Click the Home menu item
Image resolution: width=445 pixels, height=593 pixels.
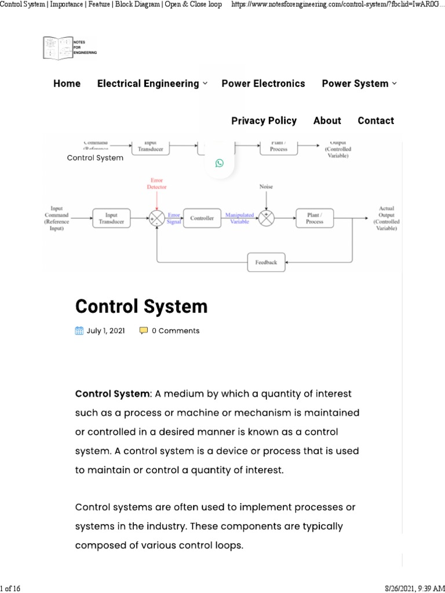67,83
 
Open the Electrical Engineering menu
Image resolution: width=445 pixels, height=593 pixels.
152,83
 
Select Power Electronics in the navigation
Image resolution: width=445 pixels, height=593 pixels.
263,83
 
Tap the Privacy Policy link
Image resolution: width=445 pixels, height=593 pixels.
264,120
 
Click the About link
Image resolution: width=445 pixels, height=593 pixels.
327,120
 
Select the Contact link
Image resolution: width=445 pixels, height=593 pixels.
375,120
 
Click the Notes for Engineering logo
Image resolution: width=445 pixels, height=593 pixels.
70,48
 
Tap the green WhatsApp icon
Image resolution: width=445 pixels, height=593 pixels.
219,163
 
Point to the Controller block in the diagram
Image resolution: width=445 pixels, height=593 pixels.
202,218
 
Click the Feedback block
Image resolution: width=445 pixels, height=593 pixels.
266,262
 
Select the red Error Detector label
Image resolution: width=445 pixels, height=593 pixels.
157,184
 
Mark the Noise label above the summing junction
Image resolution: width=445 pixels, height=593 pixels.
266,187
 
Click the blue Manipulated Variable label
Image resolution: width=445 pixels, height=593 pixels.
239,218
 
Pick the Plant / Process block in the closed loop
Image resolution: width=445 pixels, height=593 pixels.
315,218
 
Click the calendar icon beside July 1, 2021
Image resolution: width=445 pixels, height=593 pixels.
80,331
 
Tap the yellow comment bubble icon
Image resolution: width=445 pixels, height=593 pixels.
144,331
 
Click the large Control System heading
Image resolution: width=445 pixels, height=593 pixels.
141,306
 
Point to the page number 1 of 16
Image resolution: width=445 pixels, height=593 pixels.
10,588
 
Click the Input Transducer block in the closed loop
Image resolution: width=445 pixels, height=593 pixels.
111,218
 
